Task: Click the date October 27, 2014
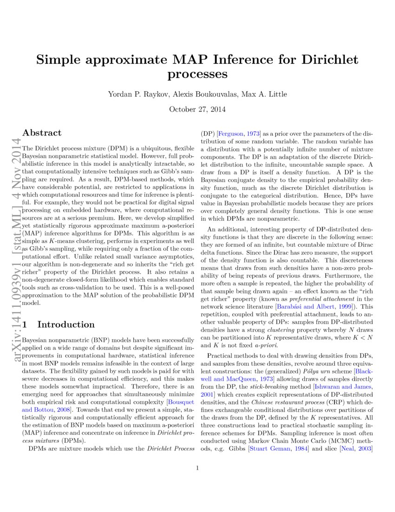coord(197,109)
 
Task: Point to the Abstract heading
coord(42,133)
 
